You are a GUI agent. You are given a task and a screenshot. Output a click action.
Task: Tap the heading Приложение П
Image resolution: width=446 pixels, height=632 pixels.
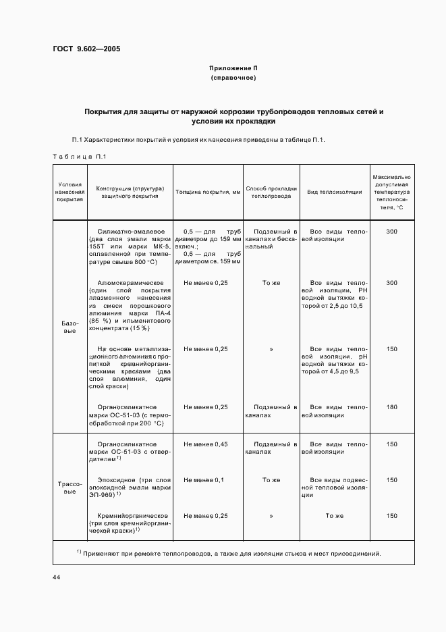point(233,68)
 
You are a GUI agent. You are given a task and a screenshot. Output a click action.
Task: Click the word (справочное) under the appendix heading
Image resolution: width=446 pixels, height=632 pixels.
point(233,78)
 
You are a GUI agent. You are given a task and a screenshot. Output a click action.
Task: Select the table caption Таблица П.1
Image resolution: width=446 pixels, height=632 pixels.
point(80,157)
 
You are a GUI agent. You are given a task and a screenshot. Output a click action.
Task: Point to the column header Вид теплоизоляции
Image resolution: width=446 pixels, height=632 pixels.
point(335,192)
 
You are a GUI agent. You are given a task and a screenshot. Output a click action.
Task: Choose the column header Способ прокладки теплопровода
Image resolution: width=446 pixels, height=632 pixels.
point(271,192)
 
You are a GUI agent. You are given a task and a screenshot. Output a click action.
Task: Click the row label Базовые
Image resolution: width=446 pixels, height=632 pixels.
point(69,327)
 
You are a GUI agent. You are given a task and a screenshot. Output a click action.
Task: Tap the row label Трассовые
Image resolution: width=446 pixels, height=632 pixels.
point(69,488)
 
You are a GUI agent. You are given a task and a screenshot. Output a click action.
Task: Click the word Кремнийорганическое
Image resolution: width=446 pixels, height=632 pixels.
point(128,515)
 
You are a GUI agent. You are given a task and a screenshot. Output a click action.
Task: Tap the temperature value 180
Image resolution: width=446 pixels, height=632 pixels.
point(391,407)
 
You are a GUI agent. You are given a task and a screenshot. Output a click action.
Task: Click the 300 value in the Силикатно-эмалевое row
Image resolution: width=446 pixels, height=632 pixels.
point(391,232)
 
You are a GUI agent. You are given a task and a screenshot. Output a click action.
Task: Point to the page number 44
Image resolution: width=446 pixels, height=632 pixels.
point(57,577)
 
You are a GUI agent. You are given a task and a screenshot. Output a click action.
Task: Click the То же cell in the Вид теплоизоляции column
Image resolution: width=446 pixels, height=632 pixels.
point(335,515)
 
